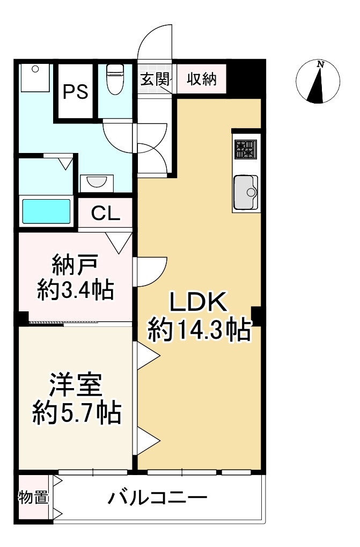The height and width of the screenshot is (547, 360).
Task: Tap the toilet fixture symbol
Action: [x=115, y=80]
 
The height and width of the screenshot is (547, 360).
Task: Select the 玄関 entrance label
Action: [x=155, y=79]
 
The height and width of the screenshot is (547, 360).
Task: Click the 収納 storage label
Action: [x=202, y=79]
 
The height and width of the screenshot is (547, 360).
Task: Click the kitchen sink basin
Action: [x=246, y=191]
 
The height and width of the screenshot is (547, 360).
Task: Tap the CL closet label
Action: [x=105, y=214]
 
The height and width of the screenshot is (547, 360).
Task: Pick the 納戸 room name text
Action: [x=75, y=265]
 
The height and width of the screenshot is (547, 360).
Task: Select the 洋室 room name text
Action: [x=75, y=385]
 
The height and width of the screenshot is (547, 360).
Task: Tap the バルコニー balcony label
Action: [x=157, y=499]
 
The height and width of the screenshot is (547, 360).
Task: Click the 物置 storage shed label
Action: [x=33, y=498]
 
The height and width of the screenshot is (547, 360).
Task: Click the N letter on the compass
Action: [x=321, y=64]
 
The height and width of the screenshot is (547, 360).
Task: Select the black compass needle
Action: [x=318, y=86]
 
